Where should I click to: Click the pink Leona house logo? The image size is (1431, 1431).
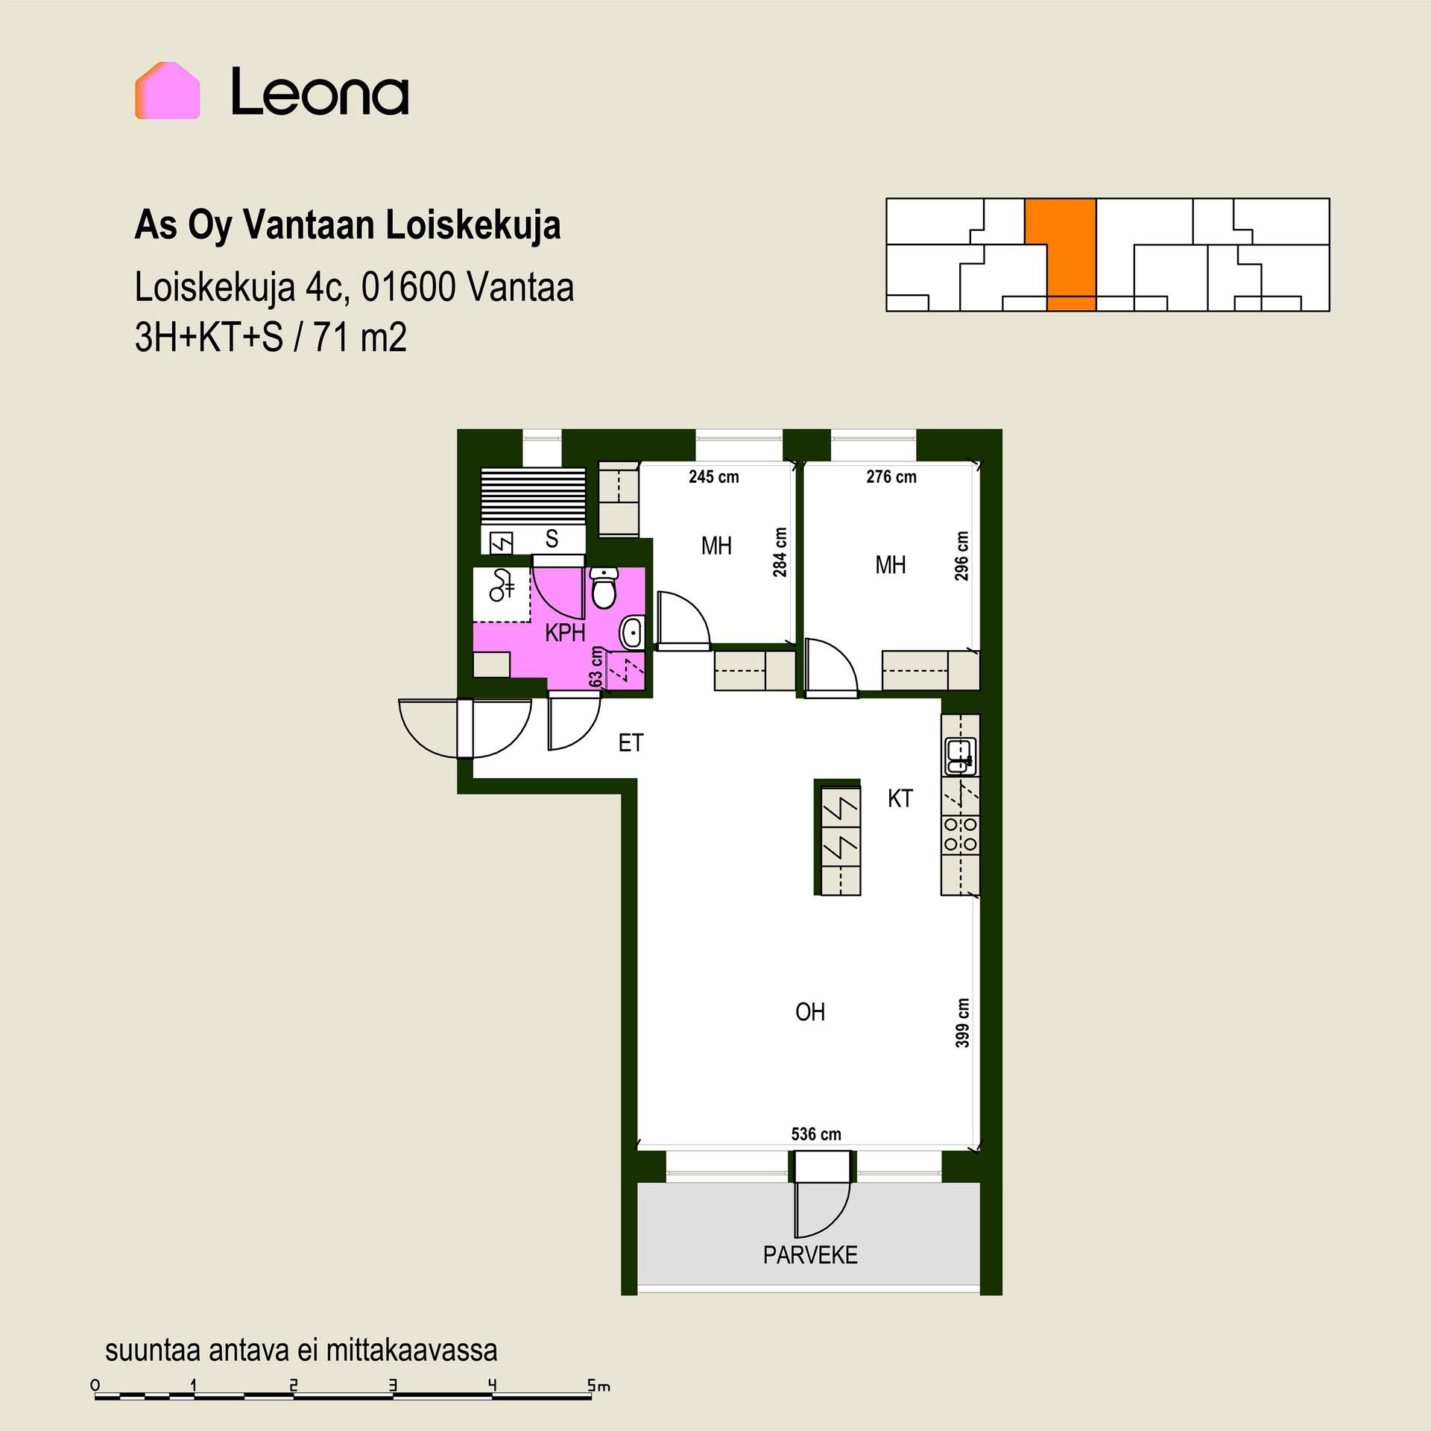click(x=167, y=91)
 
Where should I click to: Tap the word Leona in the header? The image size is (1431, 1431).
click(x=320, y=92)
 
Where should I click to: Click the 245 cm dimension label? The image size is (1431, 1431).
click(x=714, y=477)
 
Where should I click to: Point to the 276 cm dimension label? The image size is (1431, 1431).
click(x=891, y=477)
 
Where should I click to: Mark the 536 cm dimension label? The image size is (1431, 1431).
click(x=816, y=1134)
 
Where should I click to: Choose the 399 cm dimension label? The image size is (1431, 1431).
click(x=963, y=1023)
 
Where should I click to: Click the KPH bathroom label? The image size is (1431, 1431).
click(x=565, y=633)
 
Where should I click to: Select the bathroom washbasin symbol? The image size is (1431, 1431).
click(x=631, y=633)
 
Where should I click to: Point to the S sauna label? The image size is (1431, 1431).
click(x=552, y=538)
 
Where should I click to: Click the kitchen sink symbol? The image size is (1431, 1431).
click(x=960, y=756)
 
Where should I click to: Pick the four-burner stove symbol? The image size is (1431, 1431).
click(x=960, y=835)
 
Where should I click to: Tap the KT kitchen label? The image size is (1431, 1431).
click(x=900, y=799)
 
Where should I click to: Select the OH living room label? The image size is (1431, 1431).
click(x=810, y=1011)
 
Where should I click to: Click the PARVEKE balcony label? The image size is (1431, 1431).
click(x=810, y=1255)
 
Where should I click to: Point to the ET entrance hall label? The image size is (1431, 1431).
click(x=631, y=743)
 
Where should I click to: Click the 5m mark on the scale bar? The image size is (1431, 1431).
click(x=598, y=1386)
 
